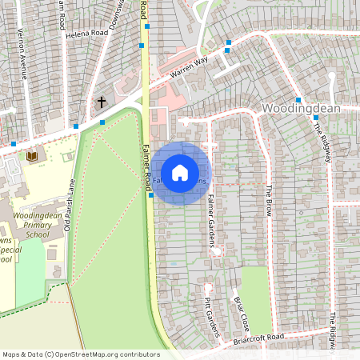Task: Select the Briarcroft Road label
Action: pyautogui.click(x=255, y=338)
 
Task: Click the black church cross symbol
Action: pyautogui.click(x=101, y=102)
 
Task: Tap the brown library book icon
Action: pyautogui.click(x=32, y=155)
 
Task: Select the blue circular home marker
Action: pyautogui.click(x=180, y=173)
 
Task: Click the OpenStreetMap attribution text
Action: pyautogui.click(x=80, y=354)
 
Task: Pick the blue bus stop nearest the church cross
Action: pyautogui.click(x=102, y=122)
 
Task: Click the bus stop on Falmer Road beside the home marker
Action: pyautogui.click(x=150, y=194)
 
